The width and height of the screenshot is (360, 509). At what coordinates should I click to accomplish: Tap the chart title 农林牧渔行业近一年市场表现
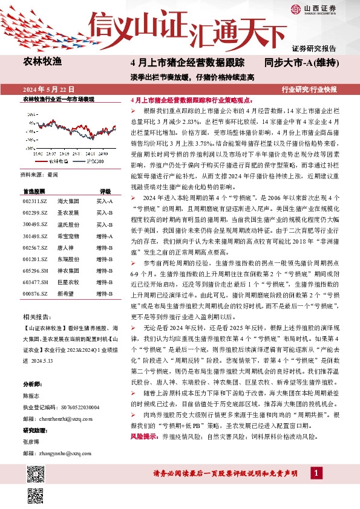click(x=59, y=98)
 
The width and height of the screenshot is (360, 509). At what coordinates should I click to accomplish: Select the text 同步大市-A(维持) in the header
click(x=301, y=63)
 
